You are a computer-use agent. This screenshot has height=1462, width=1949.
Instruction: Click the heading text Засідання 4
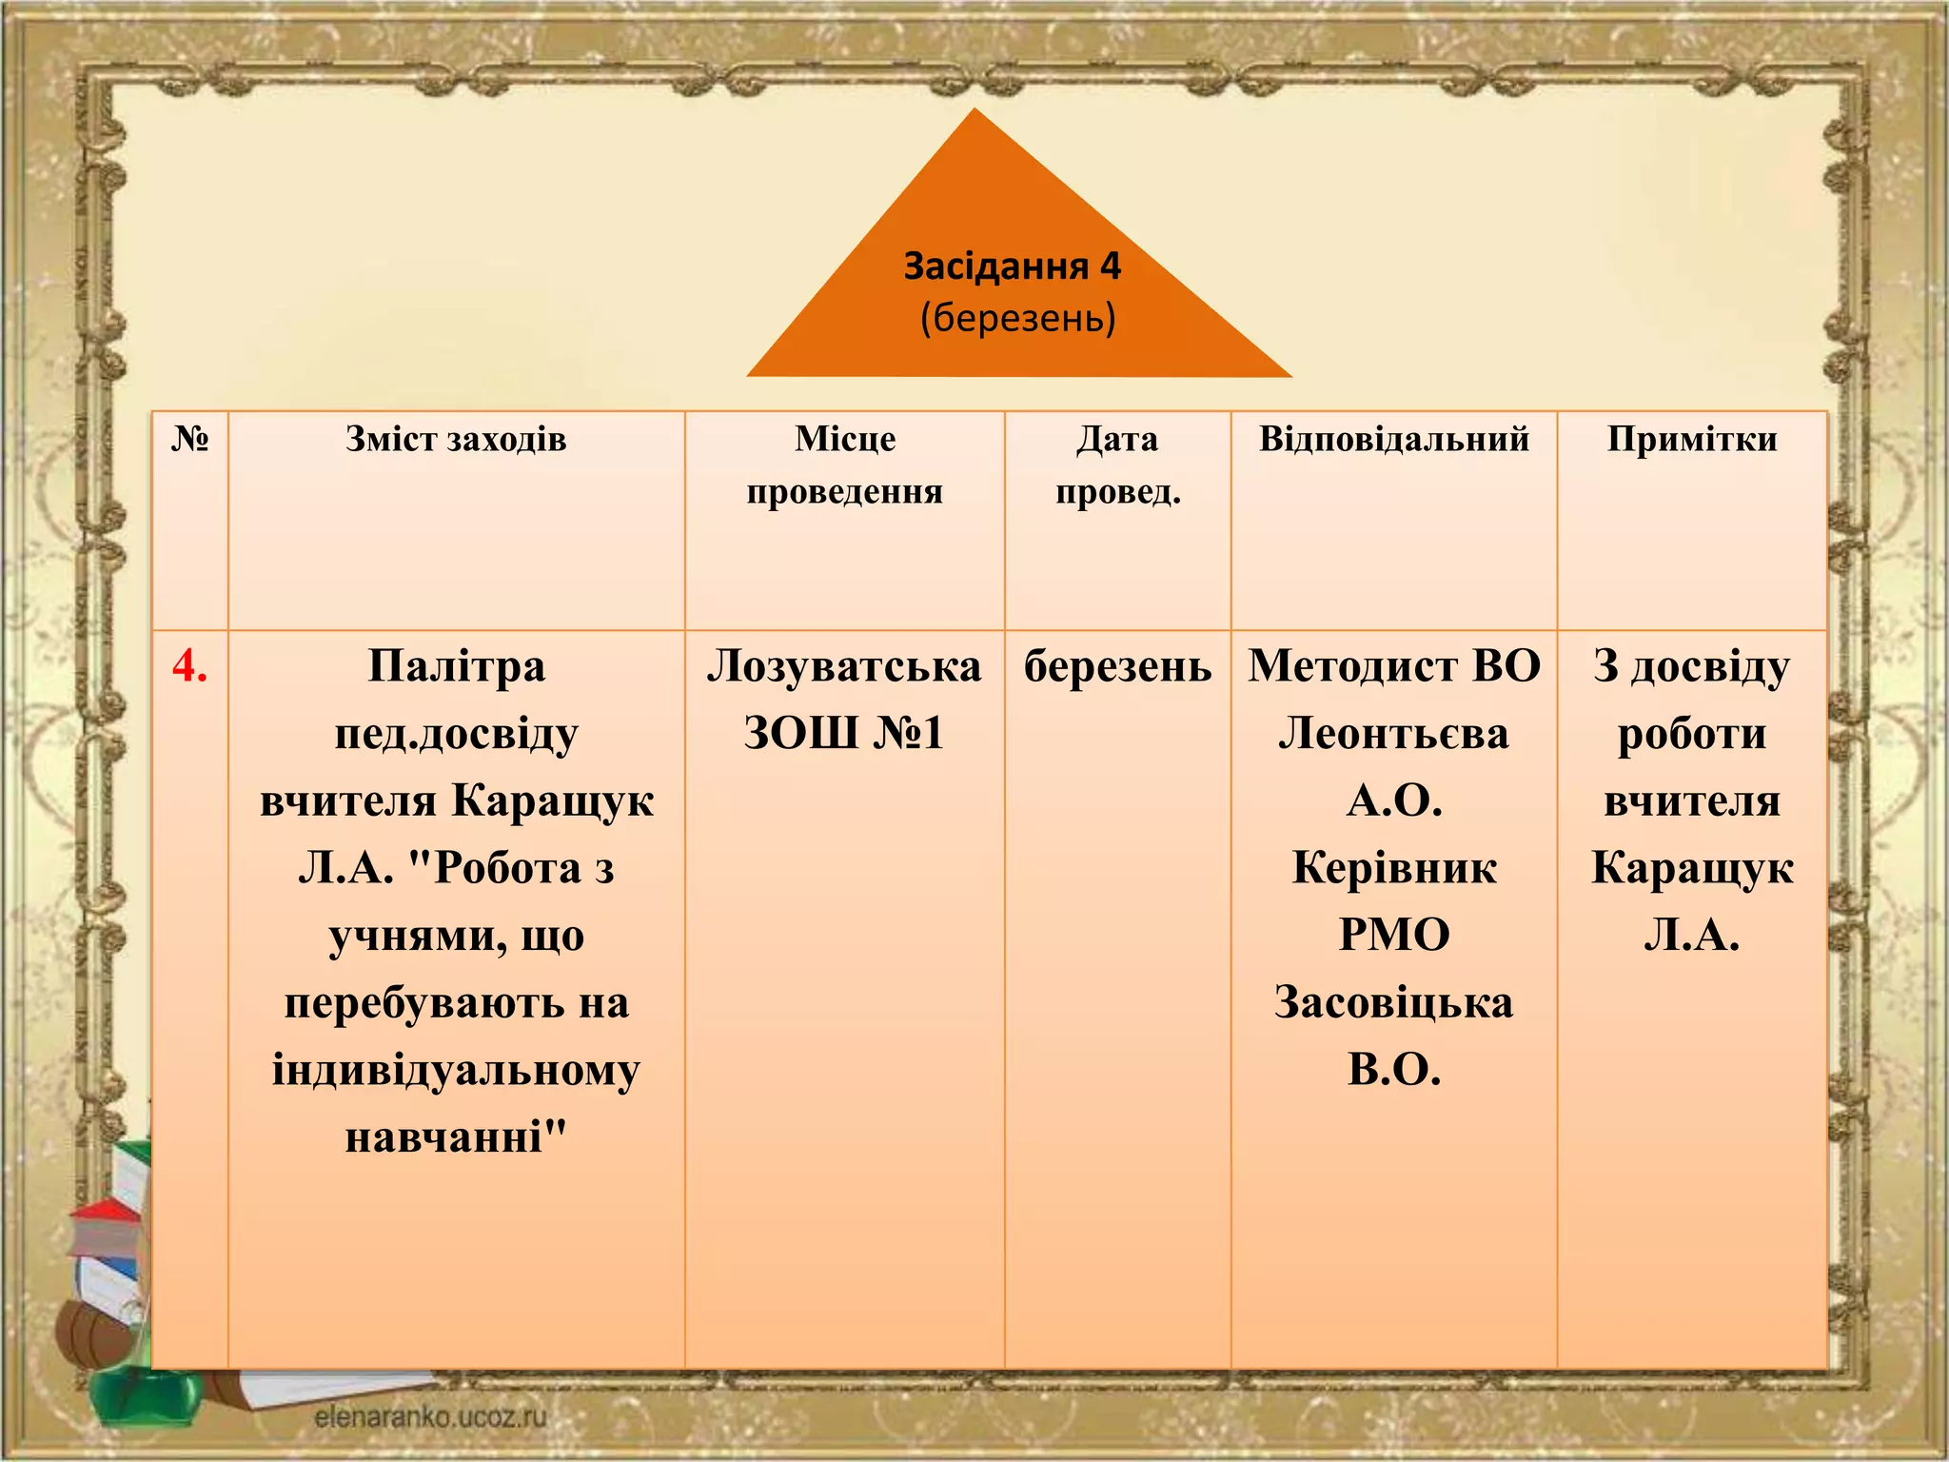point(1012,267)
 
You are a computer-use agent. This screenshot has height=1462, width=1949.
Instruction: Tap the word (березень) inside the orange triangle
point(1017,318)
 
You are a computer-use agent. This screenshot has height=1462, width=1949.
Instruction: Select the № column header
point(189,439)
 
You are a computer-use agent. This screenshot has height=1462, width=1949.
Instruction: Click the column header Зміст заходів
point(456,439)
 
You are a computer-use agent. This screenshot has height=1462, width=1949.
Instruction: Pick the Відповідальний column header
point(1393,439)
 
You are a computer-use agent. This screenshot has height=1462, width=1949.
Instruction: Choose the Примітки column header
point(1691,439)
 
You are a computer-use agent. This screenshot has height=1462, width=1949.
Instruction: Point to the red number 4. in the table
point(189,665)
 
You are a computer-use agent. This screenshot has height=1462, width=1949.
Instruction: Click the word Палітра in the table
point(456,665)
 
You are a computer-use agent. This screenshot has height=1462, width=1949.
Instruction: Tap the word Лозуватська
point(843,665)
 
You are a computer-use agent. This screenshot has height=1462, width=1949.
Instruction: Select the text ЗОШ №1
point(843,733)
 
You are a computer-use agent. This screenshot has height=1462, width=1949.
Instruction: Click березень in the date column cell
point(1117,665)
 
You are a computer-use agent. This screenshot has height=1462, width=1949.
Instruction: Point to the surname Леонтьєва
point(1393,733)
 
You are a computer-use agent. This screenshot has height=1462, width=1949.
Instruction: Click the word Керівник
point(1393,868)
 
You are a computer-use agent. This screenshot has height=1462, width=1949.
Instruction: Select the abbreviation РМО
point(1393,935)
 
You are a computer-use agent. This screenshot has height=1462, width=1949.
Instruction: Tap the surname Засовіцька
point(1393,1002)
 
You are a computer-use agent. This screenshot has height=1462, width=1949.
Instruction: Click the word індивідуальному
point(456,1070)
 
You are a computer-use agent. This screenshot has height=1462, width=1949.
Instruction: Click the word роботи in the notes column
point(1691,733)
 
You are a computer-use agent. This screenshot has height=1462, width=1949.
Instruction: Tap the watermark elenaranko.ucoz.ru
point(430,1416)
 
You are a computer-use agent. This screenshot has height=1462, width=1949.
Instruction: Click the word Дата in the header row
point(1117,439)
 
